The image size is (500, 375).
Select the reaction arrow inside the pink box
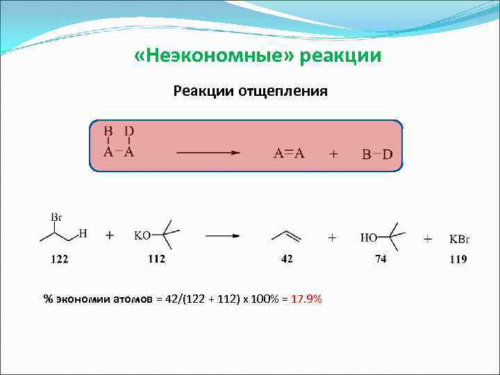[x=208, y=153]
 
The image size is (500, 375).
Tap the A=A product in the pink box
[x=289, y=154]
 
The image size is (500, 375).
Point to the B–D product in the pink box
[x=378, y=154]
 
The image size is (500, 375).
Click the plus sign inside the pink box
[x=333, y=154]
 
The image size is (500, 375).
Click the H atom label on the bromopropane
[x=83, y=233]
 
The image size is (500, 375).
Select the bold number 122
[x=60, y=260]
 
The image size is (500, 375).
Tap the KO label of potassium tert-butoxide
[x=142, y=235]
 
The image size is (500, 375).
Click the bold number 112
[x=157, y=260]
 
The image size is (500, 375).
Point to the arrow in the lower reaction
[x=223, y=235]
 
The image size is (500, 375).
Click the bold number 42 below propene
[x=287, y=260]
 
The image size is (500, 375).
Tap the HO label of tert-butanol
[x=368, y=237]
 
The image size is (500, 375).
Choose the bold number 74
[x=381, y=260]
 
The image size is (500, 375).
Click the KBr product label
[x=459, y=239]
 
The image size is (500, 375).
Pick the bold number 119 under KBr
[x=458, y=260]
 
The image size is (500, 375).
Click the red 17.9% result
[x=306, y=299]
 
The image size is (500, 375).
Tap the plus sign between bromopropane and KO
[x=110, y=235]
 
